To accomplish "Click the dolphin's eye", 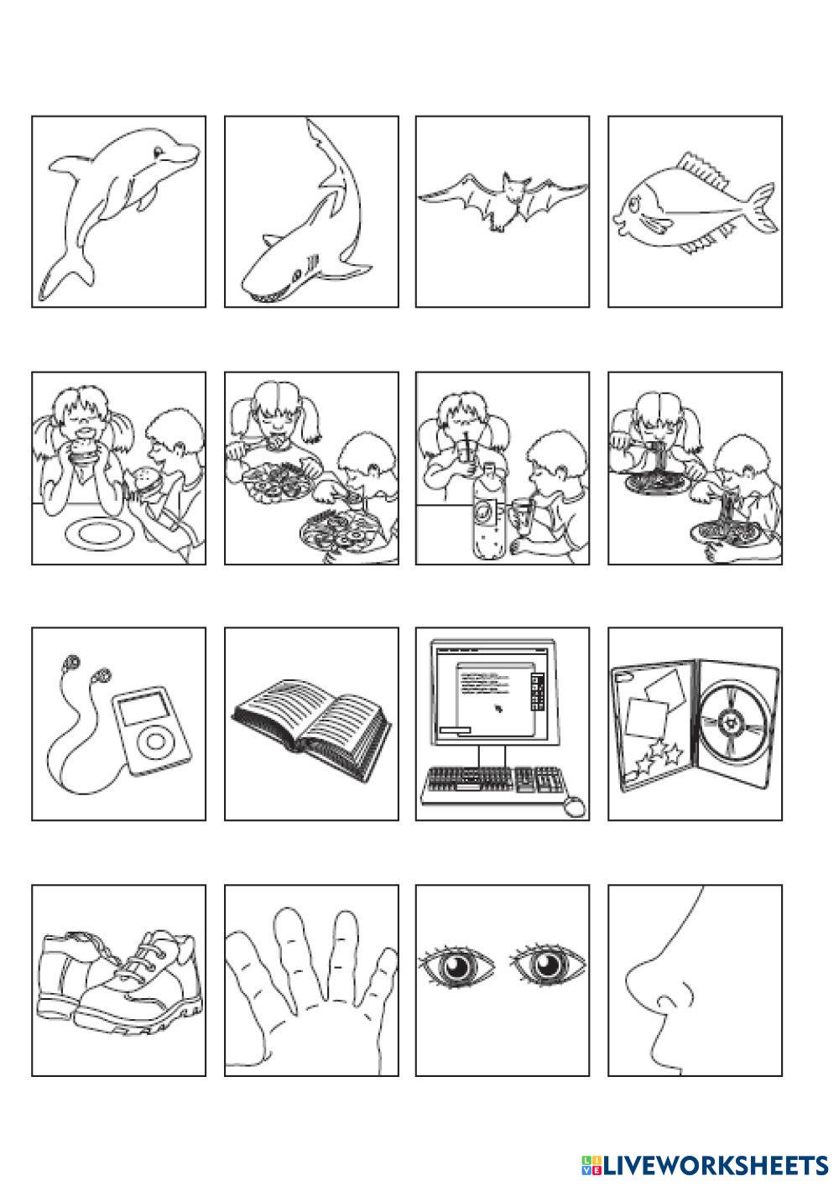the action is tap(159, 153).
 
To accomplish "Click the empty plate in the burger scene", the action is tap(100, 533).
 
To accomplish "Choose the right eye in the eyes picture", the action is tap(547, 965).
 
